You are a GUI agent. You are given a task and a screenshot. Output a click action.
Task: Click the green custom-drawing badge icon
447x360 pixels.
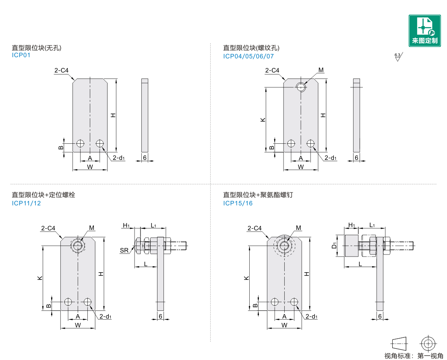point(424,30)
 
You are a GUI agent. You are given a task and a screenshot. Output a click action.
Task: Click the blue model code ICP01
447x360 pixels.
point(21,55)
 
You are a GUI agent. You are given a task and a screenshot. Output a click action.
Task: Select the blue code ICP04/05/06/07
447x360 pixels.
point(248,56)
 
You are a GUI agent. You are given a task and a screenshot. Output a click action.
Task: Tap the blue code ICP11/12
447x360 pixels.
point(27,203)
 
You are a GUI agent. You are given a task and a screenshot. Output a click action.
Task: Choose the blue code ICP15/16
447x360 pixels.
point(238,203)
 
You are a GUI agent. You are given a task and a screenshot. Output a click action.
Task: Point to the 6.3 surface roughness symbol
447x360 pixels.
point(398,57)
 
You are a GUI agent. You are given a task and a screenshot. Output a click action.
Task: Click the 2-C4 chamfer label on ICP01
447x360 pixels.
point(61,70)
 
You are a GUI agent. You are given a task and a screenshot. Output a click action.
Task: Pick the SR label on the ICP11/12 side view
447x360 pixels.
point(124,250)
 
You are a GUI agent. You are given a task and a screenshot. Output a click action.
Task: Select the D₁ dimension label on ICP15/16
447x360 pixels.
point(334,245)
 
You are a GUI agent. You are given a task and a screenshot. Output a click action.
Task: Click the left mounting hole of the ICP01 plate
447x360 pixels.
point(80,143)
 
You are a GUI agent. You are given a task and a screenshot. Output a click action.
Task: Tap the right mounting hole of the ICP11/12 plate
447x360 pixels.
point(88,302)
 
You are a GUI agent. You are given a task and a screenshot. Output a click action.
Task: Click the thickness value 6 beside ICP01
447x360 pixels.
point(145,157)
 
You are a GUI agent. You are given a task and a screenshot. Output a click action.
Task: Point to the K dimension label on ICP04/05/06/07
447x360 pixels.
point(263,120)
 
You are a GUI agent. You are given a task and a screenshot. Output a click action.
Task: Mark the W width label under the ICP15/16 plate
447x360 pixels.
point(284,325)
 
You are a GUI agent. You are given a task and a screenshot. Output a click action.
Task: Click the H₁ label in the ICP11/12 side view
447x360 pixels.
point(126,225)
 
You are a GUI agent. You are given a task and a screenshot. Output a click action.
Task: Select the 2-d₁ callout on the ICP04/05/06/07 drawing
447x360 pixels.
point(330,157)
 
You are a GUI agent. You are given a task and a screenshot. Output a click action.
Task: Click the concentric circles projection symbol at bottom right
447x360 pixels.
point(428,343)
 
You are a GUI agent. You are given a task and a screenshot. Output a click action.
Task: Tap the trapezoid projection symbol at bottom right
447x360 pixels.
point(400,343)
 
